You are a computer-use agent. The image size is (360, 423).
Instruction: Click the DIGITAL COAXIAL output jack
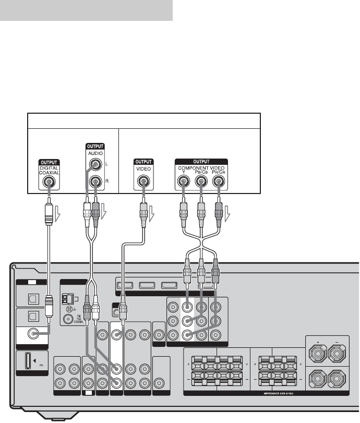click(x=48, y=183)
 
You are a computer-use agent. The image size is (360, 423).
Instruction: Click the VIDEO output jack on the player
click(x=142, y=183)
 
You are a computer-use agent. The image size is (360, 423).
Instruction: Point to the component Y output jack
click(x=184, y=183)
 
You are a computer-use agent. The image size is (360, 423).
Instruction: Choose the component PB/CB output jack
click(x=201, y=183)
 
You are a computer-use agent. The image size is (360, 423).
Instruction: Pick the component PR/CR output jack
click(x=218, y=183)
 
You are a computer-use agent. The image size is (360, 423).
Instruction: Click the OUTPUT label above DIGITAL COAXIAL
click(x=48, y=162)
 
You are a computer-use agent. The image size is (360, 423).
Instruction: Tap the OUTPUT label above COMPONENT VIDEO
click(x=201, y=162)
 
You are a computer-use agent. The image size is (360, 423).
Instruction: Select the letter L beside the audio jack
click(x=106, y=165)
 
